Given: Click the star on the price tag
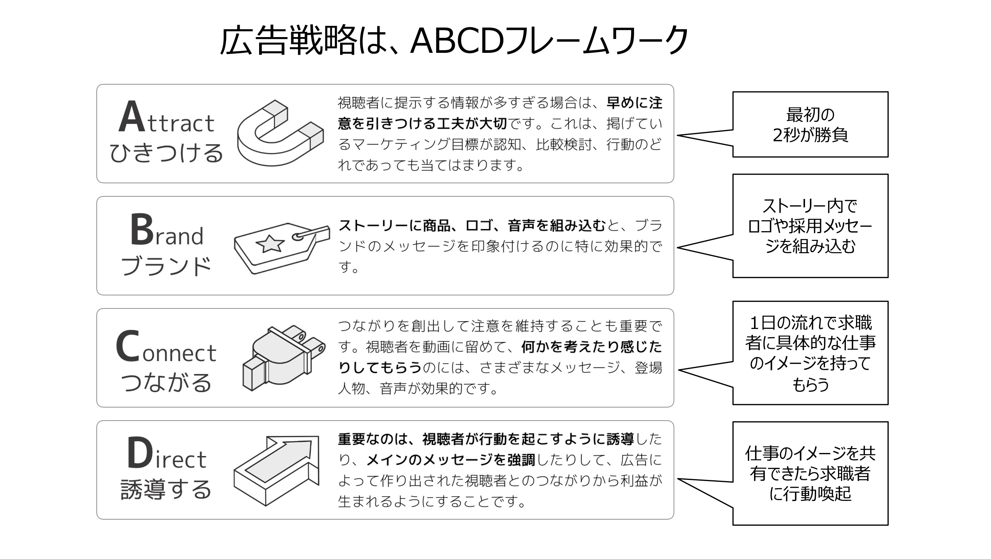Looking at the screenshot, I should [x=270, y=244].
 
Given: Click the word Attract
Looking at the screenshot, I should [x=166, y=117].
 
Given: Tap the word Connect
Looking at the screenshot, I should [x=166, y=347].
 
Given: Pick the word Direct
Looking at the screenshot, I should [x=166, y=454].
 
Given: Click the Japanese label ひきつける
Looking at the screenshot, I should [x=166, y=153].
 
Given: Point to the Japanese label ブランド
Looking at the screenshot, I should [x=166, y=266].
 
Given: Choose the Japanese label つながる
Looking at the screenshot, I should [x=166, y=382].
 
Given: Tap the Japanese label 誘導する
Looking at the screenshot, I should [x=166, y=489].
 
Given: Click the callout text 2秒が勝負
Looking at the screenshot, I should [x=810, y=135].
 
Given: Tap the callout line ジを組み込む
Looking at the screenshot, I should [x=810, y=246].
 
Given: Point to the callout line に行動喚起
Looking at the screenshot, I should [x=810, y=494].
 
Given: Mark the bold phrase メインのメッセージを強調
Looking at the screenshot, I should [x=450, y=460].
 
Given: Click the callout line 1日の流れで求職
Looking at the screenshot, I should [x=810, y=323].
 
